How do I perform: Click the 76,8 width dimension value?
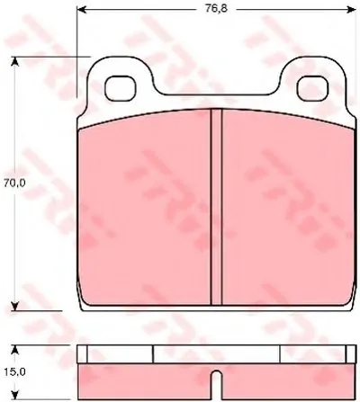tap(216, 8)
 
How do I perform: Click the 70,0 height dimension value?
tap(14, 183)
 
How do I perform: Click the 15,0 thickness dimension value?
tap(14, 372)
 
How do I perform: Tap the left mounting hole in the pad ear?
tap(121, 88)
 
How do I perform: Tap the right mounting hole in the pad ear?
tap(312, 88)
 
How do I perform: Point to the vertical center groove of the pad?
tap(216, 207)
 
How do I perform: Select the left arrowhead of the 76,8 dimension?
tap(82, 9)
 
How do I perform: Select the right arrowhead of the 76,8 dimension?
tap(351, 9)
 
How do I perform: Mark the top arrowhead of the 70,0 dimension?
tap(15, 61)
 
